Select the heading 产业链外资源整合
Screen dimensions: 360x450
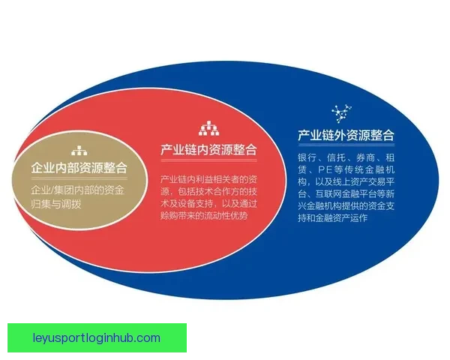tap(346, 136)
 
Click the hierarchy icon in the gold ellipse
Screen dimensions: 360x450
tap(79, 149)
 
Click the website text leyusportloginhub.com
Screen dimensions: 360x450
tap(98, 337)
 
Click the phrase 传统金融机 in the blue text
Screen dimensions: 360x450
tap(361, 173)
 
